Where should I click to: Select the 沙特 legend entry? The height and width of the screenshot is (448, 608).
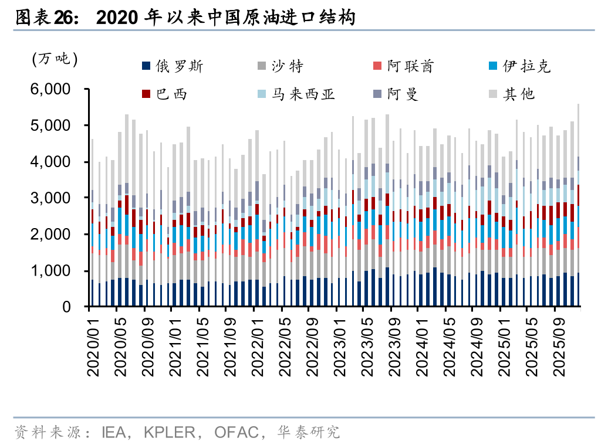287,67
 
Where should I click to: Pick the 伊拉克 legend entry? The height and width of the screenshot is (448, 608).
526,67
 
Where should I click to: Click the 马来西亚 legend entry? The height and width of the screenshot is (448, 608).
303,94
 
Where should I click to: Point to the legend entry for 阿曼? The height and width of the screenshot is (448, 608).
402,94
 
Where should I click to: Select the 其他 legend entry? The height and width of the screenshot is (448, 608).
519,94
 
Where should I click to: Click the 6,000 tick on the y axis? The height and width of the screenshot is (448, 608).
50,89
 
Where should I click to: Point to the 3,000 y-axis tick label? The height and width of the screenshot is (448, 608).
50,198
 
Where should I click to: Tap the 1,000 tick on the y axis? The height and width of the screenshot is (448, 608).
50,271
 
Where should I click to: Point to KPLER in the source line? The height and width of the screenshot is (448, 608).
170,433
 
